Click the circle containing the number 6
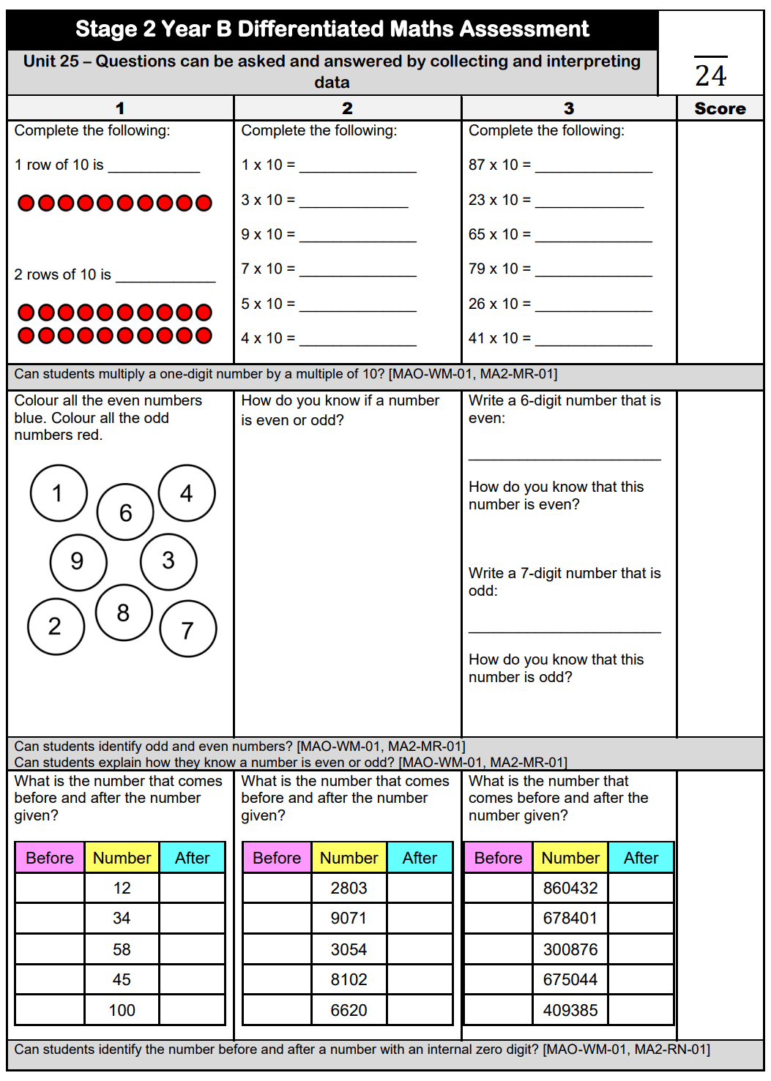coord(126,512)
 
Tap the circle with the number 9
coord(78,561)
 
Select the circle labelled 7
coord(188,629)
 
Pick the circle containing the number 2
coord(56,626)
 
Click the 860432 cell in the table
coord(570,888)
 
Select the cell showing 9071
coord(349,918)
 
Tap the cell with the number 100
coord(122,1010)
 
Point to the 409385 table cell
coord(570,1010)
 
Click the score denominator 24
coord(710,75)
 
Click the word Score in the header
coord(720,108)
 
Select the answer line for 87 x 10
coord(594,168)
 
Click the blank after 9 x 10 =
coord(358,238)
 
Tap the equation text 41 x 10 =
coord(499,338)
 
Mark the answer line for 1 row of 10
coord(154,168)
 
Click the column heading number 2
coord(347,108)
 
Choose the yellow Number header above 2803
coord(349,858)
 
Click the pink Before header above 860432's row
coord(498,858)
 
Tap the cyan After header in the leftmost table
coord(192,858)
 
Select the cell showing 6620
coord(349,1010)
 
